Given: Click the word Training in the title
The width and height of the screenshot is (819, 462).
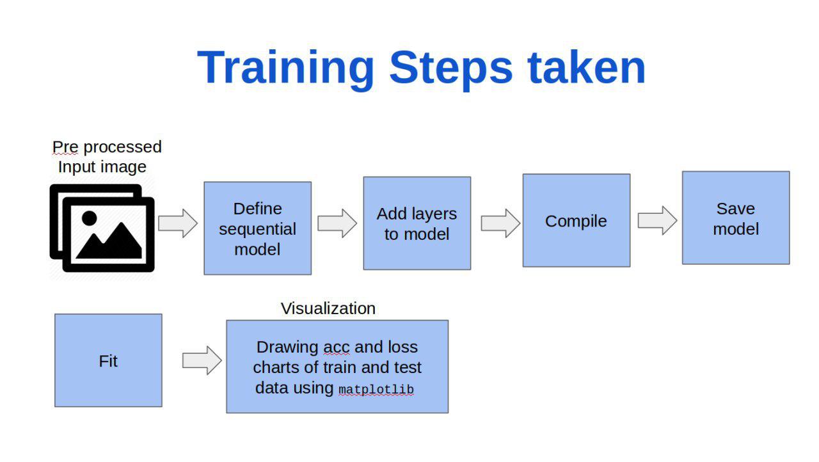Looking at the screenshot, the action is [x=285, y=68].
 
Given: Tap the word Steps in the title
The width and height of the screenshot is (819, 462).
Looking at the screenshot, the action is [x=451, y=68].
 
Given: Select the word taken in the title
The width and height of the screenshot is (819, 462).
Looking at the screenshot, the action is [x=587, y=68].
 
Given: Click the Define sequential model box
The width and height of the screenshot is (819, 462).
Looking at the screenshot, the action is [x=258, y=228].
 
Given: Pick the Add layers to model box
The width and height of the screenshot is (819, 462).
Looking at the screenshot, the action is [x=417, y=223].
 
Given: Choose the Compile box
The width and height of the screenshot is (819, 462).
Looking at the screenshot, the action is [x=576, y=220].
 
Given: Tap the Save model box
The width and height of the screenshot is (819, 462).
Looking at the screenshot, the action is [x=736, y=218].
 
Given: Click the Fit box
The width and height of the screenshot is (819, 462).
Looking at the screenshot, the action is [x=108, y=360].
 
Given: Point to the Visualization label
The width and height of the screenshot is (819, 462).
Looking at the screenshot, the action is [x=328, y=308].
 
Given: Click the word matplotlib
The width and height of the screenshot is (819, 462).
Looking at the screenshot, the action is [x=376, y=390].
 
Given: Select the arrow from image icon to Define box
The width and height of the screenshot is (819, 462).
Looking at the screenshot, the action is [x=178, y=223].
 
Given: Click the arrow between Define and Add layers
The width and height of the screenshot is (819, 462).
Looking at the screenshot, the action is [x=337, y=223].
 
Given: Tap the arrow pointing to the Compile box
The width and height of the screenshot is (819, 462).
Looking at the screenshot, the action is [x=500, y=223].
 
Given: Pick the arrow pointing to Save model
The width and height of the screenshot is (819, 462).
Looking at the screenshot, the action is [x=657, y=220].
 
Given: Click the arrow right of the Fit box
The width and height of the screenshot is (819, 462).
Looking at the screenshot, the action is [x=202, y=360].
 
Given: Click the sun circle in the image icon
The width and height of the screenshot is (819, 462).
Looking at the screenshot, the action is [x=89, y=218].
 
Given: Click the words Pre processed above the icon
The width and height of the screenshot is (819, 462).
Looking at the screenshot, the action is [x=107, y=147].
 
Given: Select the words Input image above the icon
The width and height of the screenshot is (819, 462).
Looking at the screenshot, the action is [x=102, y=167].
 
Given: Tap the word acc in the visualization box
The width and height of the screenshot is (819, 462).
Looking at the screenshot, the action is [x=337, y=348].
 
